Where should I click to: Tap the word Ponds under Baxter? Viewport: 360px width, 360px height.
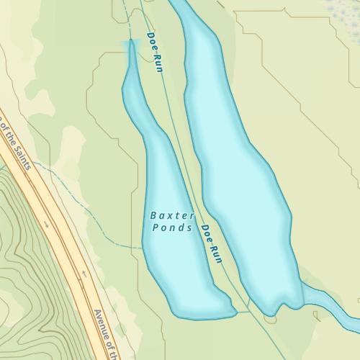click(173, 228)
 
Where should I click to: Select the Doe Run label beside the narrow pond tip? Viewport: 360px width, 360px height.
click(156, 52)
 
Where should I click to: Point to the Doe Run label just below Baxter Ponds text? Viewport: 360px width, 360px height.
click(211, 244)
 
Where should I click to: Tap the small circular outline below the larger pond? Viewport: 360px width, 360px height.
click(271, 318)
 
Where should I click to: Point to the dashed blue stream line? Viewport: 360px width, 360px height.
click(94, 216)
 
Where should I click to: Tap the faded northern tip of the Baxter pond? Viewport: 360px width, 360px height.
click(131, 49)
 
